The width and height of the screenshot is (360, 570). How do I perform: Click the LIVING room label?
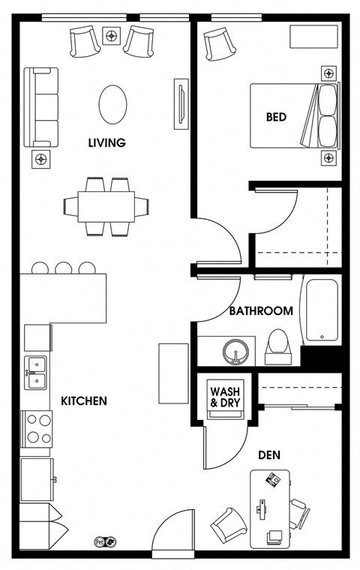tap(107, 142)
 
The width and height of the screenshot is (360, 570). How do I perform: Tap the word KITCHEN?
tap(84, 401)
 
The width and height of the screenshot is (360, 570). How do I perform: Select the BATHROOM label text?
tap(261, 311)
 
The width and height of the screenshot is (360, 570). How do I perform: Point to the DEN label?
tap(269, 454)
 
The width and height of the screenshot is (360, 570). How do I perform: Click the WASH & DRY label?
tap(225, 397)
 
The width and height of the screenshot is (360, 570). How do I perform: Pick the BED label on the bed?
tap(276, 117)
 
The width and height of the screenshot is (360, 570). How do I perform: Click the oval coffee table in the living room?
tap(112, 105)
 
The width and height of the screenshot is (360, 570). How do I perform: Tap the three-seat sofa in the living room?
tap(41, 107)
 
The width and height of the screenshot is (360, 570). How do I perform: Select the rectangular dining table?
tap(106, 206)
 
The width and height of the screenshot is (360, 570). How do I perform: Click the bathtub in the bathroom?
tap(322, 310)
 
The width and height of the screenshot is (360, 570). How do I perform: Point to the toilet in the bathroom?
tap(278, 347)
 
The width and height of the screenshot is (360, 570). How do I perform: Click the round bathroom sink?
tap(235, 352)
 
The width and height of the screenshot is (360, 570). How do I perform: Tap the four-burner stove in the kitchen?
tap(36, 429)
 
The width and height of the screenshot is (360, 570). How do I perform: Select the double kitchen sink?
tap(36, 373)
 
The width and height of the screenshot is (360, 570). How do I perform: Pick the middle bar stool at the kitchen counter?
tap(63, 268)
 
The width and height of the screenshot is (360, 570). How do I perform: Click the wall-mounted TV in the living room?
tap(181, 104)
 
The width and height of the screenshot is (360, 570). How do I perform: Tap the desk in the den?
tap(270, 509)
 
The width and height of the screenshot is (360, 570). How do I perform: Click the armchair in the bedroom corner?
tap(219, 44)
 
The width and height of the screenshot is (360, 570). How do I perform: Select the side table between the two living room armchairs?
tap(112, 36)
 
